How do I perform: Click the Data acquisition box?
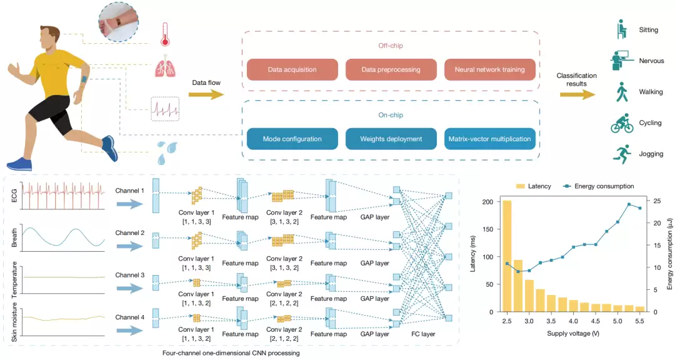(292, 69)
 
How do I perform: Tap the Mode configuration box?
(292, 139)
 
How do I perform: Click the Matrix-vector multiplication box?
(489, 139)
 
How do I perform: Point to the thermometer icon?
(166, 34)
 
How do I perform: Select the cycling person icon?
(621, 123)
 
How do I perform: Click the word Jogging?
(651, 154)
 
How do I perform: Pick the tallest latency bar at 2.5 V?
(507, 256)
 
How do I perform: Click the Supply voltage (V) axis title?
(573, 334)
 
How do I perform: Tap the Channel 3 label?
(129, 275)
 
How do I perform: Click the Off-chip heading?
(391, 46)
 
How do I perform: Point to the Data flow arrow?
(207, 94)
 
